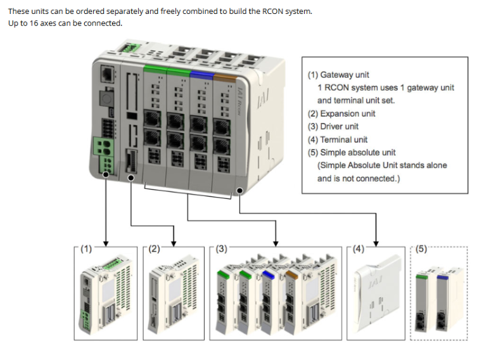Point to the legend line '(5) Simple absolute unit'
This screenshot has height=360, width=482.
click(352, 153)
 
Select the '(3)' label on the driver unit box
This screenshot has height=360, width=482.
click(221, 249)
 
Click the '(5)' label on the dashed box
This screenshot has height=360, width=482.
click(422, 249)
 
